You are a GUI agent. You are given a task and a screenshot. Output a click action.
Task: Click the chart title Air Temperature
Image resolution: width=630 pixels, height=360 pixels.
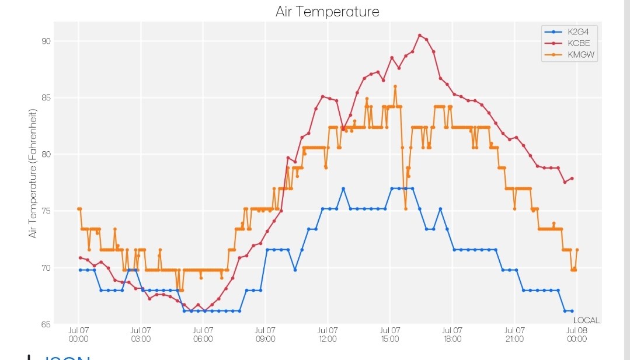pyautogui.click(x=327, y=12)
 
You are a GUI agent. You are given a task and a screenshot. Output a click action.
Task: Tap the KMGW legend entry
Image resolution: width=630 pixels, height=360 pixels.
pyautogui.click(x=569, y=55)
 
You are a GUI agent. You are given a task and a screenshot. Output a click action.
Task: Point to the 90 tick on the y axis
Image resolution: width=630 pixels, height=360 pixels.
pyautogui.click(x=46, y=41)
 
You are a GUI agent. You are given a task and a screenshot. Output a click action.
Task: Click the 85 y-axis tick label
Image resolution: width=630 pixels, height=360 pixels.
pyautogui.click(x=46, y=98)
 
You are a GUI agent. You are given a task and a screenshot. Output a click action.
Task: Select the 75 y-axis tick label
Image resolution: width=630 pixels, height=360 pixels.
pyautogui.click(x=46, y=211)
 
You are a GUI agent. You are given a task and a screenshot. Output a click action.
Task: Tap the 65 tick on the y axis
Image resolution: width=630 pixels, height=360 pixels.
pyautogui.click(x=46, y=324)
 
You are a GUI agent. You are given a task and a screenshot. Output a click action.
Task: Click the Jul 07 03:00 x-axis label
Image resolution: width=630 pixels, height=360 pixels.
pyautogui.click(x=141, y=335)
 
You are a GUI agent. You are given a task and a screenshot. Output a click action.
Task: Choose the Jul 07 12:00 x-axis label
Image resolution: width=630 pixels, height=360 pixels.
pyautogui.click(x=328, y=335)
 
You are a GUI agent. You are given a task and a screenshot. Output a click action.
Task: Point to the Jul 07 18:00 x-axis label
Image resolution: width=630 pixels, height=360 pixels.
pyautogui.click(x=452, y=335)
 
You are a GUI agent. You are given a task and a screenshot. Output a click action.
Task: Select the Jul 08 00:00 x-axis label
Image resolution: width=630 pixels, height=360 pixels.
pyautogui.click(x=576, y=335)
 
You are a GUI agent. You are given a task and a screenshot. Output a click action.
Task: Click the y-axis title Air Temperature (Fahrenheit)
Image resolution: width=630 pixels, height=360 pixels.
pyautogui.click(x=33, y=173)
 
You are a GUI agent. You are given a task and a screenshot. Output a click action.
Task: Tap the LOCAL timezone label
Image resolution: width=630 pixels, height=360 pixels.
pyautogui.click(x=586, y=320)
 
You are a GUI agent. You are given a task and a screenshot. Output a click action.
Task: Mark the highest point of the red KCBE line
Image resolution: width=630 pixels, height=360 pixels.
pyautogui.click(x=420, y=36)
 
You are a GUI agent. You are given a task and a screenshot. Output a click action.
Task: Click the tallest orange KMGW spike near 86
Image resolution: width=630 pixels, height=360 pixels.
pyautogui.click(x=395, y=86)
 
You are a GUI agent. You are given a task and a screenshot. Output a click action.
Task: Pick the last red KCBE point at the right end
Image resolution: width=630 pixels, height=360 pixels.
pyautogui.click(x=572, y=179)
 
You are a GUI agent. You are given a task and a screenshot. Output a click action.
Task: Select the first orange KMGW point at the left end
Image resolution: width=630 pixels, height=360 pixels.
pyautogui.click(x=79, y=209)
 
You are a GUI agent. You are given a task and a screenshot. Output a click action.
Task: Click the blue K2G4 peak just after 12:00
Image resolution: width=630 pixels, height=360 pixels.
pyautogui.click(x=343, y=188)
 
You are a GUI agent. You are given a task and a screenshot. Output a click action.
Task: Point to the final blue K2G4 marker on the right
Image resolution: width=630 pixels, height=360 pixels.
pyautogui.click(x=572, y=311)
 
